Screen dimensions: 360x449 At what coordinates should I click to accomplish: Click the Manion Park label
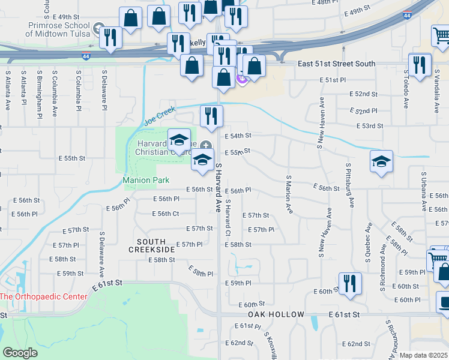(x=146, y=180)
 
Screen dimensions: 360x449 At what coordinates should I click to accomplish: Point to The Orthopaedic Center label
(x=43, y=296)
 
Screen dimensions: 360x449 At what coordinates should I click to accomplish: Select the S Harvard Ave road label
(x=218, y=187)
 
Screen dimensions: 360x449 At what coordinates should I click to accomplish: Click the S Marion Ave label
(x=288, y=194)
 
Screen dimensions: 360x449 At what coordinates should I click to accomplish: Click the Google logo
(x=20, y=353)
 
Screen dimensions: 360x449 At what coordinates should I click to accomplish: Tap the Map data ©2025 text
(x=423, y=355)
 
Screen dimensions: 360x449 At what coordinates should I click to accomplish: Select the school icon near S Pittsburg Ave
(x=381, y=162)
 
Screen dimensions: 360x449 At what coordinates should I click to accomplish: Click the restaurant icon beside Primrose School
(x=110, y=37)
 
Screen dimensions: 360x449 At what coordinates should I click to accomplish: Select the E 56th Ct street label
(x=165, y=214)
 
